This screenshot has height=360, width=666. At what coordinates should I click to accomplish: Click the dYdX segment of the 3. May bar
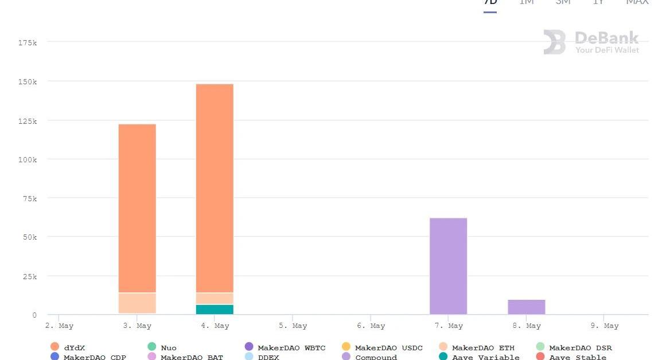pos(137,208)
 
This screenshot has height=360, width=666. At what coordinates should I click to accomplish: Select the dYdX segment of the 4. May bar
pos(215,188)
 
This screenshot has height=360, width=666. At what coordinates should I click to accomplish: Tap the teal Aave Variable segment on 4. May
pos(215,310)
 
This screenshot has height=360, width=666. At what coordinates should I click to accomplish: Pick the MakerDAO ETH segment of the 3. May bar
pos(137,303)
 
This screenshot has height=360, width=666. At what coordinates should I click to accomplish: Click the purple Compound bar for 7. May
pos(448,266)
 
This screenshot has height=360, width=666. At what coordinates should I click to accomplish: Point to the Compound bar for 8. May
pos(526,307)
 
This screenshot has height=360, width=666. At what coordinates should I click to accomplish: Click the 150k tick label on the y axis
pos(27,82)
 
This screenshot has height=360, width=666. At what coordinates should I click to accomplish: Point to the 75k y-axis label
pos(29,198)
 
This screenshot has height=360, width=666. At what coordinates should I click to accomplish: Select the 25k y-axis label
pos(29,276)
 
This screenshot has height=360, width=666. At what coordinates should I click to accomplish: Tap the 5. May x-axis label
pos(293,326)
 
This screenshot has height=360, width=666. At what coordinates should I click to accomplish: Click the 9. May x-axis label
pos(604,326)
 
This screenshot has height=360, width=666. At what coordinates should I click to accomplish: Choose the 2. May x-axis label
pos(59,326)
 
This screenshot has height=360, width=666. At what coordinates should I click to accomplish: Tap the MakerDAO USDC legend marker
pos(346,347)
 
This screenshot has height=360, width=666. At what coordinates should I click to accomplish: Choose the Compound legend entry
pos(376,357)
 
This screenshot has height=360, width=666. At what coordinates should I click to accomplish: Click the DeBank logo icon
pos(555,42)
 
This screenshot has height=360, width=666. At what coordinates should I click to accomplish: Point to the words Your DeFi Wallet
pos(607,50)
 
